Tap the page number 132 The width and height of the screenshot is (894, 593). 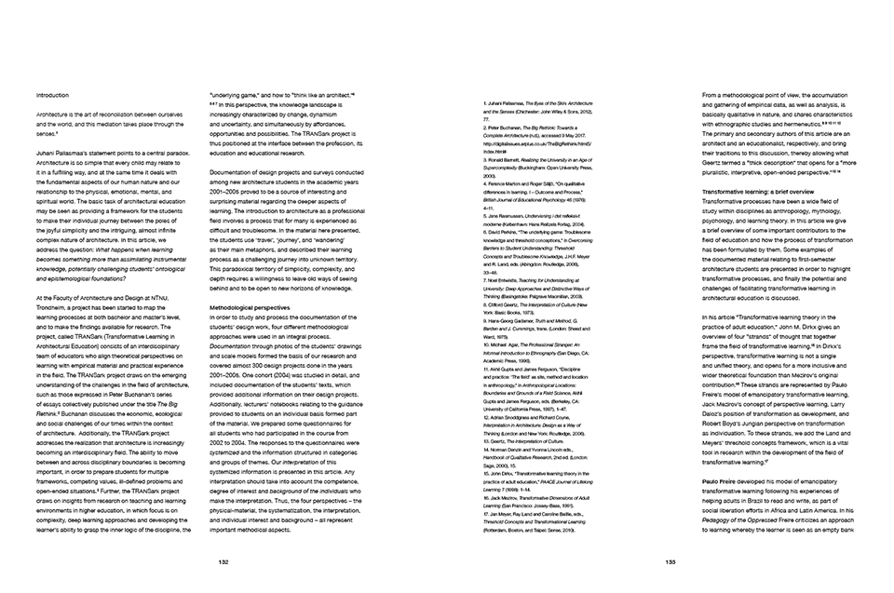(223, 561)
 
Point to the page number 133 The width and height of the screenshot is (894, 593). (670, 561)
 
